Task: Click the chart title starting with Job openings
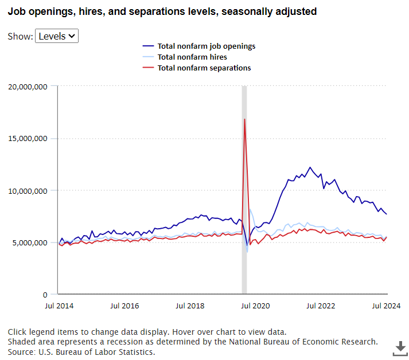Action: pyautogui.click(x=162, y=11)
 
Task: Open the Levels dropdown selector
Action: pyautogui.click(x=57, y=36)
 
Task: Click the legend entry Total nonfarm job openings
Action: pyautogui.click(x=206, y=46)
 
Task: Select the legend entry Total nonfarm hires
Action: pyautogui.click(x=192, y=57)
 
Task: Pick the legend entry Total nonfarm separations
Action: pyautogui.click(x=204, y=68)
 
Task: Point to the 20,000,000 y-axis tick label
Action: pyautogui.click(x=27, y=87)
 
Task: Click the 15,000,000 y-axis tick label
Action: pyautogui.click(x=27, y=139)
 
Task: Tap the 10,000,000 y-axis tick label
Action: pyautogui.click(x=27, y=190)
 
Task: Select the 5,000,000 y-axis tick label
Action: pyautogui.click(x=29, y=242)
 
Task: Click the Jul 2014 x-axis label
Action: pyautogui.click(x=59, y=306)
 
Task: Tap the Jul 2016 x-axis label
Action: pyautogui.click(x=124, y=306)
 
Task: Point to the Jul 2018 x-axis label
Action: pyautogui.click(x=190, y=306)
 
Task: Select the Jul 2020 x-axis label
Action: pyautogui.click(x=256, y=306)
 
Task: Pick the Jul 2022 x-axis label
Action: pyautogui.click(x=322, y=306)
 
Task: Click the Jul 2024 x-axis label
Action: pyautogui.click(x=387, y=306)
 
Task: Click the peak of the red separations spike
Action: pyautogui.click(x=245, y=119)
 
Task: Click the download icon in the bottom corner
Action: pyautogui.click(x=400, y=347)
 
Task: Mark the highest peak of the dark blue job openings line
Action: pyautogui.click(x=310, y=167)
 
